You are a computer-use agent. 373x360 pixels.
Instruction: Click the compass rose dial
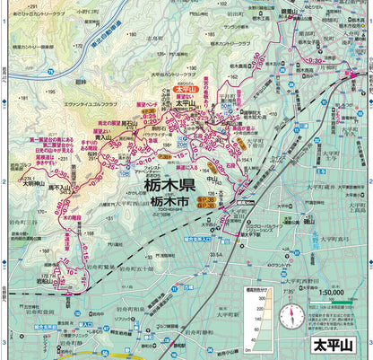291,317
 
